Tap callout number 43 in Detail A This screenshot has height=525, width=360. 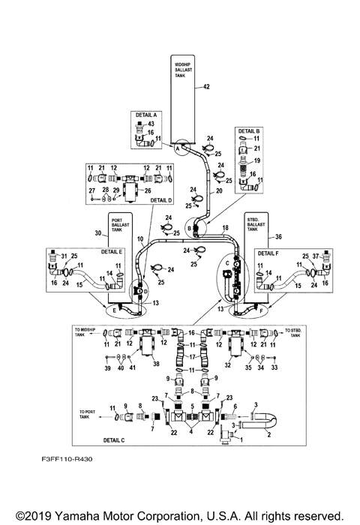pyautogui.click(x=150, y=124)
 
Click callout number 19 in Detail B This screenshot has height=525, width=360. pyautogui.click(x=256, y=160)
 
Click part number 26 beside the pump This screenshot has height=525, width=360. pyautogui.click(x=158, y=190)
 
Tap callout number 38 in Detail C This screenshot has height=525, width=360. pyautogui.click(x=157, y=364)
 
